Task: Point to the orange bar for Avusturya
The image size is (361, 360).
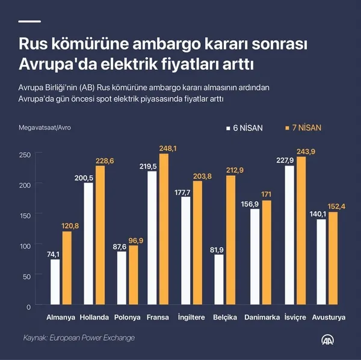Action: tap(333, 259)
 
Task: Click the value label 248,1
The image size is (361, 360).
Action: tap(168, 148)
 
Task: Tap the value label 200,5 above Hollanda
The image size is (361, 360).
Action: tap(84, 178)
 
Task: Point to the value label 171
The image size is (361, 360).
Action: tap(266, 195)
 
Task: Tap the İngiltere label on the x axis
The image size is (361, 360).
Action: tap(192, 317)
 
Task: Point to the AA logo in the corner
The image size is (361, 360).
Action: tap(328, 341)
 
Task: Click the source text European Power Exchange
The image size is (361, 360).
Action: tap(93, 338)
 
